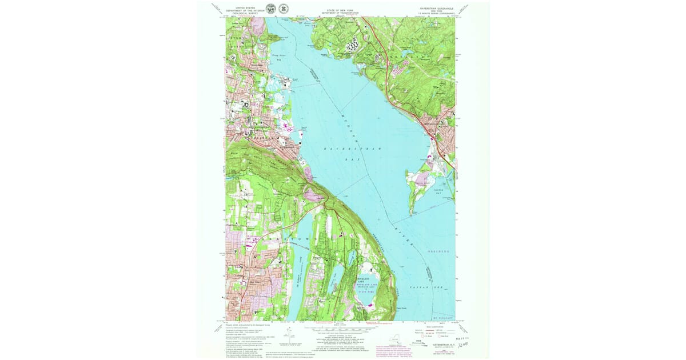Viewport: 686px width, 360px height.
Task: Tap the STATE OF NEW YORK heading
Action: [340, 10]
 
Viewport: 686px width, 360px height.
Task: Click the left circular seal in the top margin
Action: [272, 9]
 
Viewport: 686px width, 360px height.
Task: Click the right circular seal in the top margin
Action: [283, 9]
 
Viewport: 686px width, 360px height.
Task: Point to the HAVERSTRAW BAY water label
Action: [352, 150]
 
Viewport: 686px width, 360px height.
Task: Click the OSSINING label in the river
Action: [438, 251]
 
